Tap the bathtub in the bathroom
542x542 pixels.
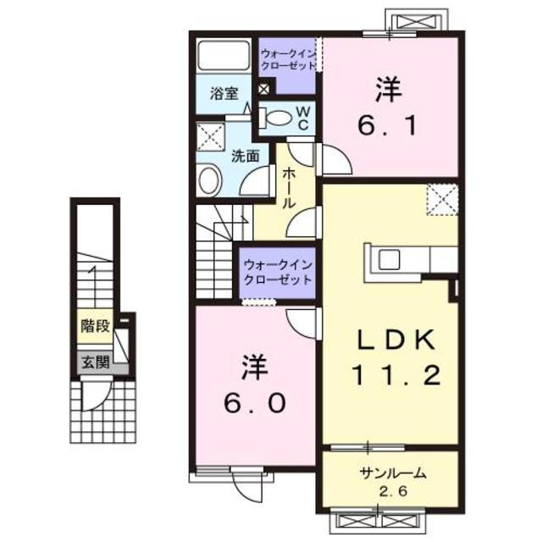click(x=224, y=57)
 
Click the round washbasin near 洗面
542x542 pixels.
click(x=208, y=180)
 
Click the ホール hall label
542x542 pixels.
click(x=288, y=187)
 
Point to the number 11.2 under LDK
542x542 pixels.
click(x=395, y=375)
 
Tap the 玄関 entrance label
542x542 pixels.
click(x=93, y=362)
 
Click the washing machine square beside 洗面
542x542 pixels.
click(x=209, y=135)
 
